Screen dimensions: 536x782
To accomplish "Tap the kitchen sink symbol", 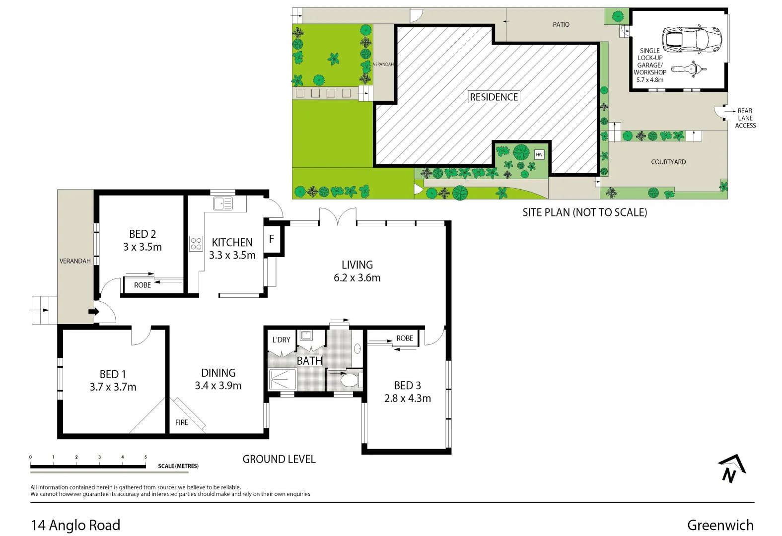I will click(x=222, y=203).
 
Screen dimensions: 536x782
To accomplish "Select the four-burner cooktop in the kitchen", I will click(x=196, y=244).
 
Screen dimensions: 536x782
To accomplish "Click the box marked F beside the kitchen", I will click(x=272, y=239).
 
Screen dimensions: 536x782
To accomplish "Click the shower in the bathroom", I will click(x=282, y=380).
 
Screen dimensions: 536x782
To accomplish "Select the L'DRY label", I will click(x=281, y=340).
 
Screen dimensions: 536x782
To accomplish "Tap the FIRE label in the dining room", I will click(x=182, y=422).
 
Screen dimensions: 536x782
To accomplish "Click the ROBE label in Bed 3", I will click(x=405, y=338).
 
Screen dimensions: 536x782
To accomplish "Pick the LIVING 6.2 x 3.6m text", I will click(x=357, y=271).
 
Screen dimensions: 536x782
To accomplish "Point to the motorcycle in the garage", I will click(x=689, y=69).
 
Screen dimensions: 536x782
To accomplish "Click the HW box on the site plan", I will click(x=539, y=154).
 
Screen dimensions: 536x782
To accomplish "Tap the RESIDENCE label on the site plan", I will click(x=494, y=97).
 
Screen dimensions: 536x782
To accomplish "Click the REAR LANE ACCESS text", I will click(x=745, y=118).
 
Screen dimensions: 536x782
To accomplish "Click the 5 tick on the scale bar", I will click(x=145, y=457).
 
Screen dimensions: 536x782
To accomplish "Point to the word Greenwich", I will click(x=720, y=525).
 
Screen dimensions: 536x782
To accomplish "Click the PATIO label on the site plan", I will click(x=561, y=24).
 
